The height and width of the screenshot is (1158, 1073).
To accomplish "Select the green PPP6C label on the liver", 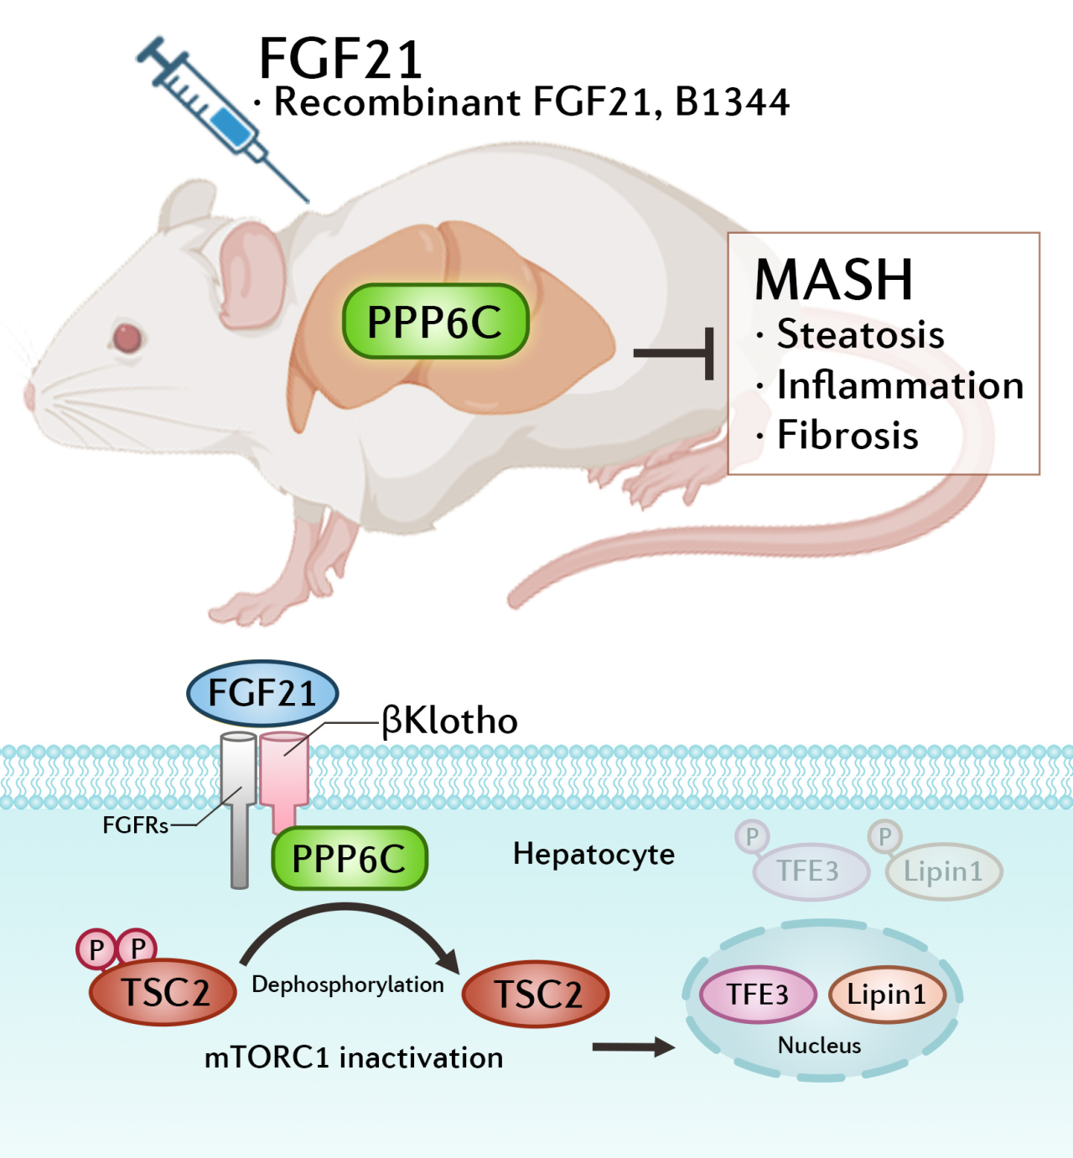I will pos(435,322).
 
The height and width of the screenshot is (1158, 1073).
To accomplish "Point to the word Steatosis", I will pos(860,334).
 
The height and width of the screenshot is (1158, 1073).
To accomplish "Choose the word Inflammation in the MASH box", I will pos(899,385).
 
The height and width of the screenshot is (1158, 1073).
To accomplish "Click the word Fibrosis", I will pos(847,435).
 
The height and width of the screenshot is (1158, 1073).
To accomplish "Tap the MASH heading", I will pos(833,280).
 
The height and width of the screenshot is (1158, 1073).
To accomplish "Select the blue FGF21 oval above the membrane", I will pos(262,694).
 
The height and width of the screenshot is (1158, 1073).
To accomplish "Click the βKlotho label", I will pos(450,721).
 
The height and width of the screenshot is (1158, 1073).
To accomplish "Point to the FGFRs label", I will pos(135,826).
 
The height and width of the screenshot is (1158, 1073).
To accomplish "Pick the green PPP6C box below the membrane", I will pos(349,859).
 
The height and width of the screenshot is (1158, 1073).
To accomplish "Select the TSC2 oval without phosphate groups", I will pos(536,995).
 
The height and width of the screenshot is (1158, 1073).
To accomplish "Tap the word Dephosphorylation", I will pos(348,985).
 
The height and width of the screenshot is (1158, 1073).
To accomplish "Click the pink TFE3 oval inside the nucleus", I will pos(758,995).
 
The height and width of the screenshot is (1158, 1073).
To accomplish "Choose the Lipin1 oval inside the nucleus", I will pos(887,995).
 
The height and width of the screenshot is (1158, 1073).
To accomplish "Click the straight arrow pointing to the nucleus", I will pos(632,1047).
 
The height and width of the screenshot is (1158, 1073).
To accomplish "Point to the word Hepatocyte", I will pos(594,854).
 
